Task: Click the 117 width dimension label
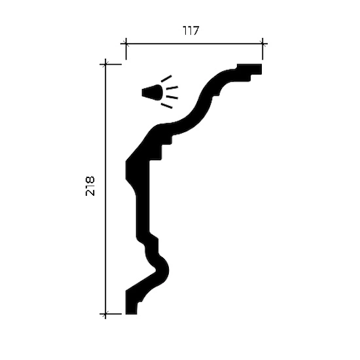coord(190,31)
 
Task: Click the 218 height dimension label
coord(90,186)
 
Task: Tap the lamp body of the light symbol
coord(153,92)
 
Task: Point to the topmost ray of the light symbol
coord(166,79)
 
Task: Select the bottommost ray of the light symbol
coord(166,105)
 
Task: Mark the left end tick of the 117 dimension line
coord(126,43)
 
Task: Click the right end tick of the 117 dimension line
coord(262,43)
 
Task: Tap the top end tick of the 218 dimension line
coord(105,64)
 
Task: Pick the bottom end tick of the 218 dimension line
coord(105,314)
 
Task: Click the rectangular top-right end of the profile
coord(249,69)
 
